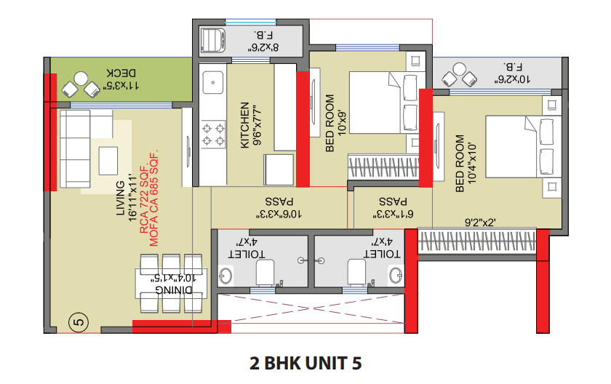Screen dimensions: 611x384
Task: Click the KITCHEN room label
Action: pos(244,125)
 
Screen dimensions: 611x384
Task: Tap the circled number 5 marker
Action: pos(79,322)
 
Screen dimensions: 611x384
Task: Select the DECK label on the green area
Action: pos(121,73)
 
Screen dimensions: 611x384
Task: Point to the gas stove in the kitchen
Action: pos(213,135)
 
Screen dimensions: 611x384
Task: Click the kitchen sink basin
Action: pos(212,83)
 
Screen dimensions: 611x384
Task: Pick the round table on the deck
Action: pos(81,79)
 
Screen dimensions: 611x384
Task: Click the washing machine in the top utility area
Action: pos(212,40)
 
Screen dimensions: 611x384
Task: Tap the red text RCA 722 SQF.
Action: pos(144,199)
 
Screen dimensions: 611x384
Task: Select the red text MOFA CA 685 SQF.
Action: pos(154,199)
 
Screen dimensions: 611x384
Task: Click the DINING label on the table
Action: pos(173,289)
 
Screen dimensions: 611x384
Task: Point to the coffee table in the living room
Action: pos(108,161)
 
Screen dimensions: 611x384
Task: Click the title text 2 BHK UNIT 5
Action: pos(305,363)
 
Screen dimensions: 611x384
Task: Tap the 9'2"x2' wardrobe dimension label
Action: pos(480,223)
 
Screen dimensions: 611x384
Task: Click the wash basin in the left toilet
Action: pos(225,276)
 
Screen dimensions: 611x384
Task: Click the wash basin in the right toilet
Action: pos(396,275)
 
